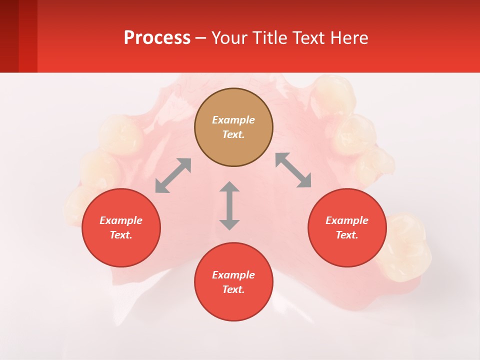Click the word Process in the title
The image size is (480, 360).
pos(157,38)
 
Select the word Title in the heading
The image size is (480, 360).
pos(271,38)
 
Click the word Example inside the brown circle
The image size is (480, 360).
pos(233,120)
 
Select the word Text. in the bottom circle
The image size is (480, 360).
pos(233,289)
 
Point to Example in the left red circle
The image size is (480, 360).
pos(121,220)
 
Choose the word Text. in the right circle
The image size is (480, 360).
pos(347,235)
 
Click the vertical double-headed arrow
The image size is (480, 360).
pos(229,205)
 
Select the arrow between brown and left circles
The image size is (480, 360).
pos(173,175)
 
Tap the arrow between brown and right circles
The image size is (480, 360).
pos(293,170)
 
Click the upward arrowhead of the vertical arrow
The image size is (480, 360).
pos(229,186)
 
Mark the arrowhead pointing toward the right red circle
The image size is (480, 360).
pos(304,181)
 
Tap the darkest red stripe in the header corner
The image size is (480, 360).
pos(9,36)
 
